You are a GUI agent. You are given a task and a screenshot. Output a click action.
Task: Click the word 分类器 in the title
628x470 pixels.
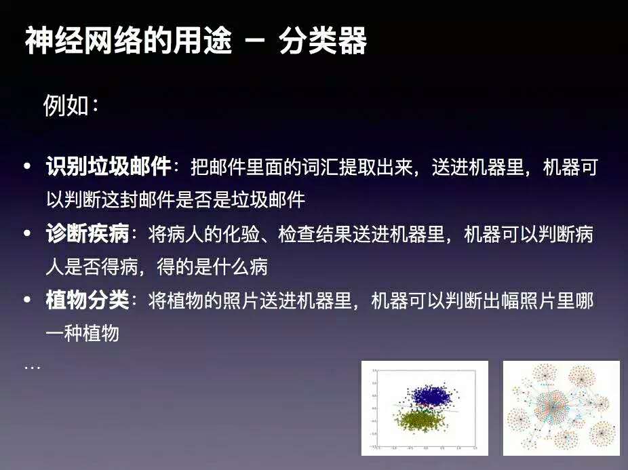pyautogui.click(x=323, y=41)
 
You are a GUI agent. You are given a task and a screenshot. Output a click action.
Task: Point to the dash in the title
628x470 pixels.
pyautogui.click(x=255, y=41)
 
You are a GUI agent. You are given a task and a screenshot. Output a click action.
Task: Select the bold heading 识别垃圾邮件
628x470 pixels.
pyautogui.click(x=108, y=168)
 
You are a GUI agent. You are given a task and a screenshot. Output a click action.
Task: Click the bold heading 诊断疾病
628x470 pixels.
pyautogui.click(x=87, y=235)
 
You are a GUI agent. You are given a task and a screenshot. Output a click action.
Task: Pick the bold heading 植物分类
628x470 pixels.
pyautogui.click(x=87, y=300)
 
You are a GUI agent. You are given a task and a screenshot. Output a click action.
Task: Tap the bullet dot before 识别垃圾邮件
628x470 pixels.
pyautogui.click(x=28, y=168)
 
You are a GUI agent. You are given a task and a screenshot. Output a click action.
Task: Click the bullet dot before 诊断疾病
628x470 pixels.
pyautogui.click(x=28, y=235)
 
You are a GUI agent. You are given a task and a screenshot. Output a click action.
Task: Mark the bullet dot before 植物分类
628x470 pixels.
pyautogui.click(x=28, y=300)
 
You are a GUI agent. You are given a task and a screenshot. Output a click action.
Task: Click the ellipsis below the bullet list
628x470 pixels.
pyautogui.click(x=32, y=367)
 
